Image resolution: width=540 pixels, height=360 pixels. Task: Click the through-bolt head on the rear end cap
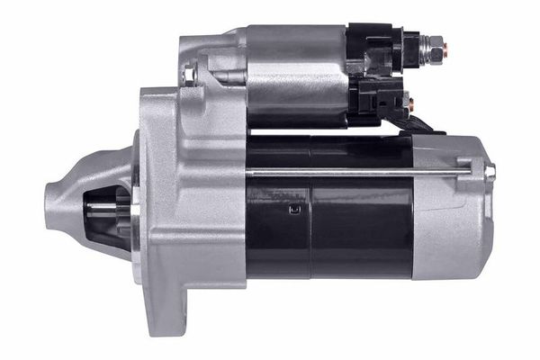pyautogui.click(x=490, y=171)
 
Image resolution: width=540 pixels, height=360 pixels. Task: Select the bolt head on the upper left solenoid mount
pyautogui.click(x=190, y=72)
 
